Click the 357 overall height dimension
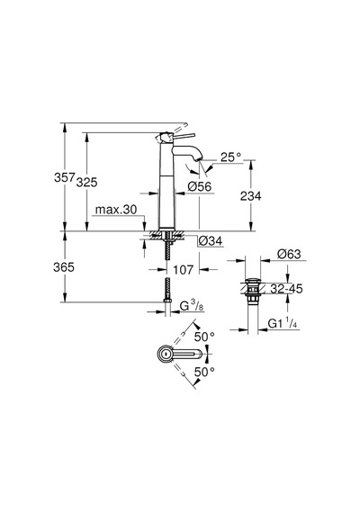65,177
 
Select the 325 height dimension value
86,182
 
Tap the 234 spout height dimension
251,196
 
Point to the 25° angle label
230,157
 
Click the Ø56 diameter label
200,186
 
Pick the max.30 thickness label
116,210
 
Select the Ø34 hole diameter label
211,241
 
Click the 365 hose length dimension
64,267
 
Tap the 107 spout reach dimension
184,270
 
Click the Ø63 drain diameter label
289,254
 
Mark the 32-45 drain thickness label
286,289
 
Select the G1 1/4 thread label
283,324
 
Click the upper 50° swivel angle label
204,337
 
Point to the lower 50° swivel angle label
204,372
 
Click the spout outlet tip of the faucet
199,159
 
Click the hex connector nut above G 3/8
167,300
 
